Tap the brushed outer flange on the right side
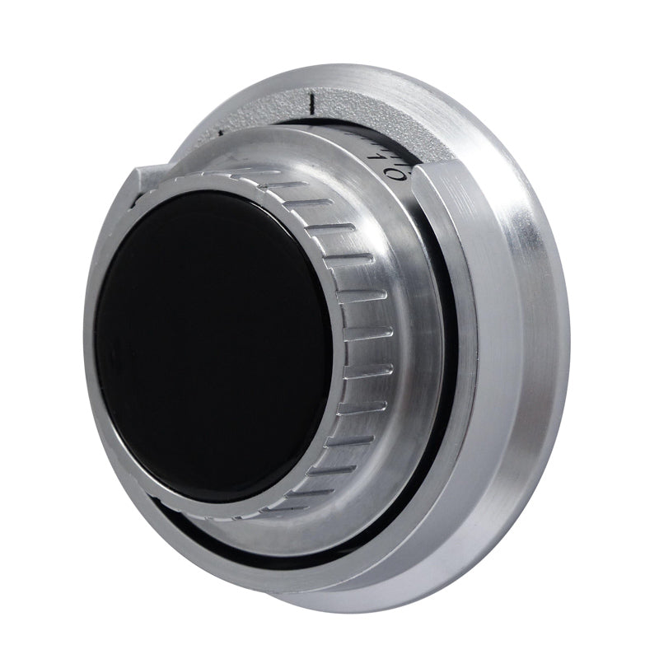pyautogui.click(x=527, y=329)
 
